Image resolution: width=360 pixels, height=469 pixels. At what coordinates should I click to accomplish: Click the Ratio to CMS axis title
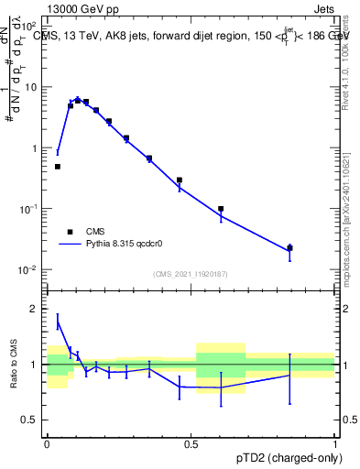pyautogui.click(x=13, y=364)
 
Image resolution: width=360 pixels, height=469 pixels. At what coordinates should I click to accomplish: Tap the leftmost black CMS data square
pyautogui.click(x=58, y=167)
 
